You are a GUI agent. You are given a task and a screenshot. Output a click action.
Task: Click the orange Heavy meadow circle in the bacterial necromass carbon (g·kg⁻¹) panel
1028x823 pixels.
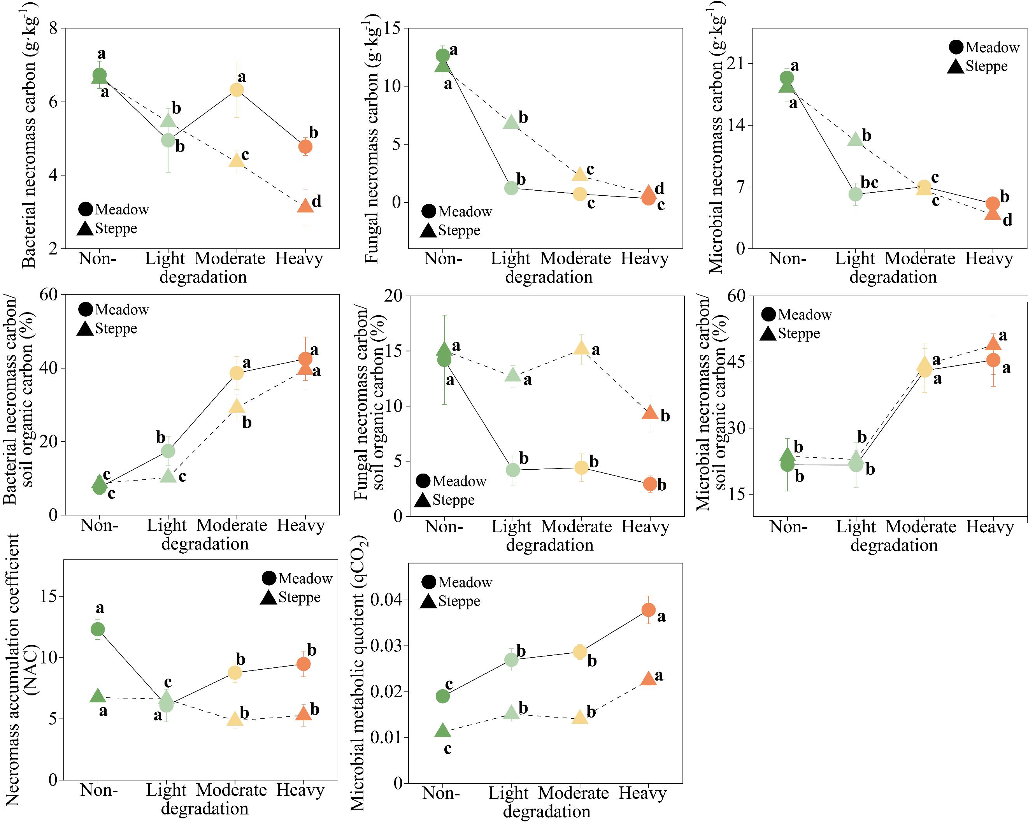(305, 146)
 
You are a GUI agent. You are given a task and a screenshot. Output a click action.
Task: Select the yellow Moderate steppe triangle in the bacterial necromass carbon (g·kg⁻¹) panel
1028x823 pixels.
(237, 161)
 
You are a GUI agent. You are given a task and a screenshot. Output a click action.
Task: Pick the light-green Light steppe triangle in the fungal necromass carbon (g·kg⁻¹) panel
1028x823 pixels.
(510, 122)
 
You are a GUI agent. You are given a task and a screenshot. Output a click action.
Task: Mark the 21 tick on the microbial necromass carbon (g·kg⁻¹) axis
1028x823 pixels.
(737, 63)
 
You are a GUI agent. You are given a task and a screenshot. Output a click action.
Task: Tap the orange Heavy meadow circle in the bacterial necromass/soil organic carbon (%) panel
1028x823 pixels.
(305, 358)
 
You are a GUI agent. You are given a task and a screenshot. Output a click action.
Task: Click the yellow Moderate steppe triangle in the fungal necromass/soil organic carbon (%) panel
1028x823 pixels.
(581, 348)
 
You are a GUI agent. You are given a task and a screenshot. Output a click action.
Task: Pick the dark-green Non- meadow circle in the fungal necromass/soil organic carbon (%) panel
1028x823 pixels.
(444, 360)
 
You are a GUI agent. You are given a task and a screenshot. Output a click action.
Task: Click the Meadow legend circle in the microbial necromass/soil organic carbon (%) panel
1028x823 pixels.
(768, 314)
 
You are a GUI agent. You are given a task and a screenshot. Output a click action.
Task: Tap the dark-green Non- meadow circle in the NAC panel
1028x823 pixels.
(97, 629)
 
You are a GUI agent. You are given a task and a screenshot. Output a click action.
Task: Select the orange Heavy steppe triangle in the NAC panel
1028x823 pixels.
(304, 714)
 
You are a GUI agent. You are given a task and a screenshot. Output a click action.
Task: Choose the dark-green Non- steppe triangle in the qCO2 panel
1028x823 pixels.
(442, 730)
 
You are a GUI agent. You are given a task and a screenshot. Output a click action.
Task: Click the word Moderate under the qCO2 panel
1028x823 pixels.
(573, 793)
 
